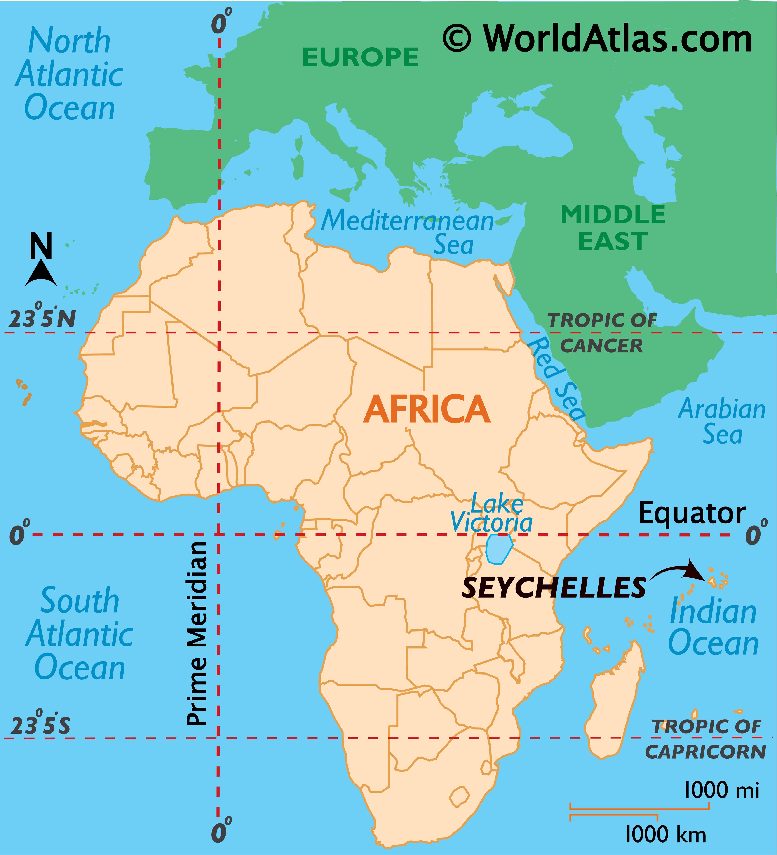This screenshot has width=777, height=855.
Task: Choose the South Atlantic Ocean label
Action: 80,634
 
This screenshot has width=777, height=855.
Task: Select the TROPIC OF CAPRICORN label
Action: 705,739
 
